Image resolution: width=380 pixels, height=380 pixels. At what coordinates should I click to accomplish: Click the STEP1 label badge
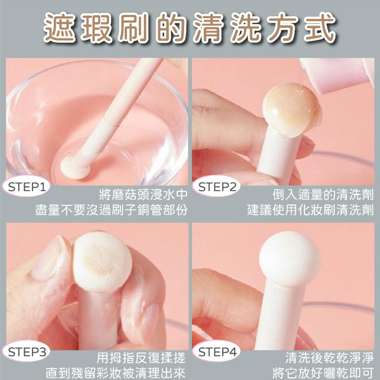click(27, 187)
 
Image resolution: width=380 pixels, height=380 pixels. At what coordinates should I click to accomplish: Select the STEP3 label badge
click(27, 352)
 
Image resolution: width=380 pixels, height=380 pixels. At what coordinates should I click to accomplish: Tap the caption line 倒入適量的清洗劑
click(323, 195)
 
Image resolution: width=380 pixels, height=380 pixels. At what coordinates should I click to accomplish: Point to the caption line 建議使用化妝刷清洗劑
click(310, 210)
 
